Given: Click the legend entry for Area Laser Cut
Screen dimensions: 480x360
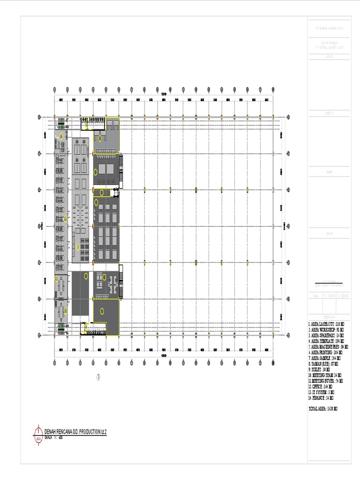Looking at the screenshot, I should pos(326,324).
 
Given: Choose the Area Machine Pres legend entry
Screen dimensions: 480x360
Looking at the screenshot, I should pos(327,346).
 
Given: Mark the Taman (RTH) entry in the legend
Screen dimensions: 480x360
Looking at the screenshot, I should pos(324,363).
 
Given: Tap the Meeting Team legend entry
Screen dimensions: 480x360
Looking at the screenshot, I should pos(325,375).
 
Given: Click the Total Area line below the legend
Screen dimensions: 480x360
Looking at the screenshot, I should pos(323,409).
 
